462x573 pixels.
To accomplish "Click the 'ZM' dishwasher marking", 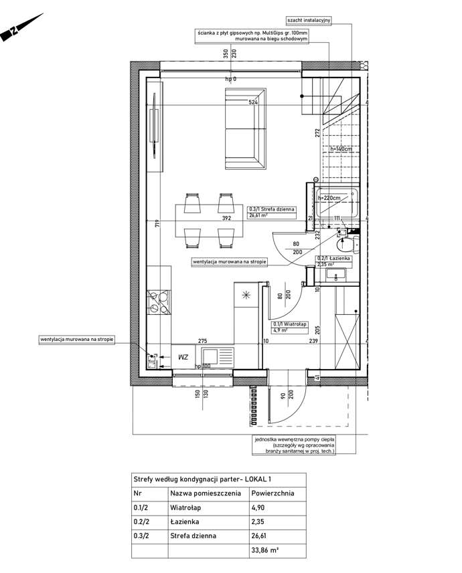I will point(183,358).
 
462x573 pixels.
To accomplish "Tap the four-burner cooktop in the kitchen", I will point(160,304).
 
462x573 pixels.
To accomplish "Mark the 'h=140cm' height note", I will point(341,149).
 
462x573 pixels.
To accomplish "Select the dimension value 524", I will point(253,103).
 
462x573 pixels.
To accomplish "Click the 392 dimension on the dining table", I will point(227,218).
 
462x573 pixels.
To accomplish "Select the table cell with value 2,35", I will point(259,522).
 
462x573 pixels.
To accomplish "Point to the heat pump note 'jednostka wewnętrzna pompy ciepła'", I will point(295,439).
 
